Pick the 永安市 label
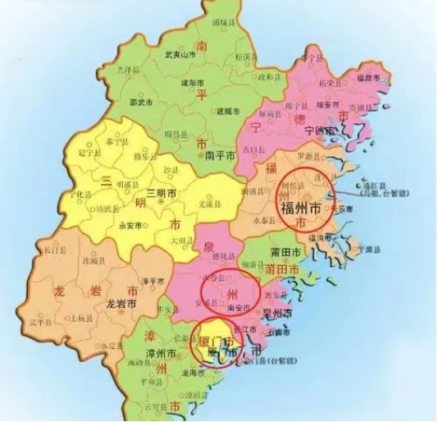click(x=130, y=224)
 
